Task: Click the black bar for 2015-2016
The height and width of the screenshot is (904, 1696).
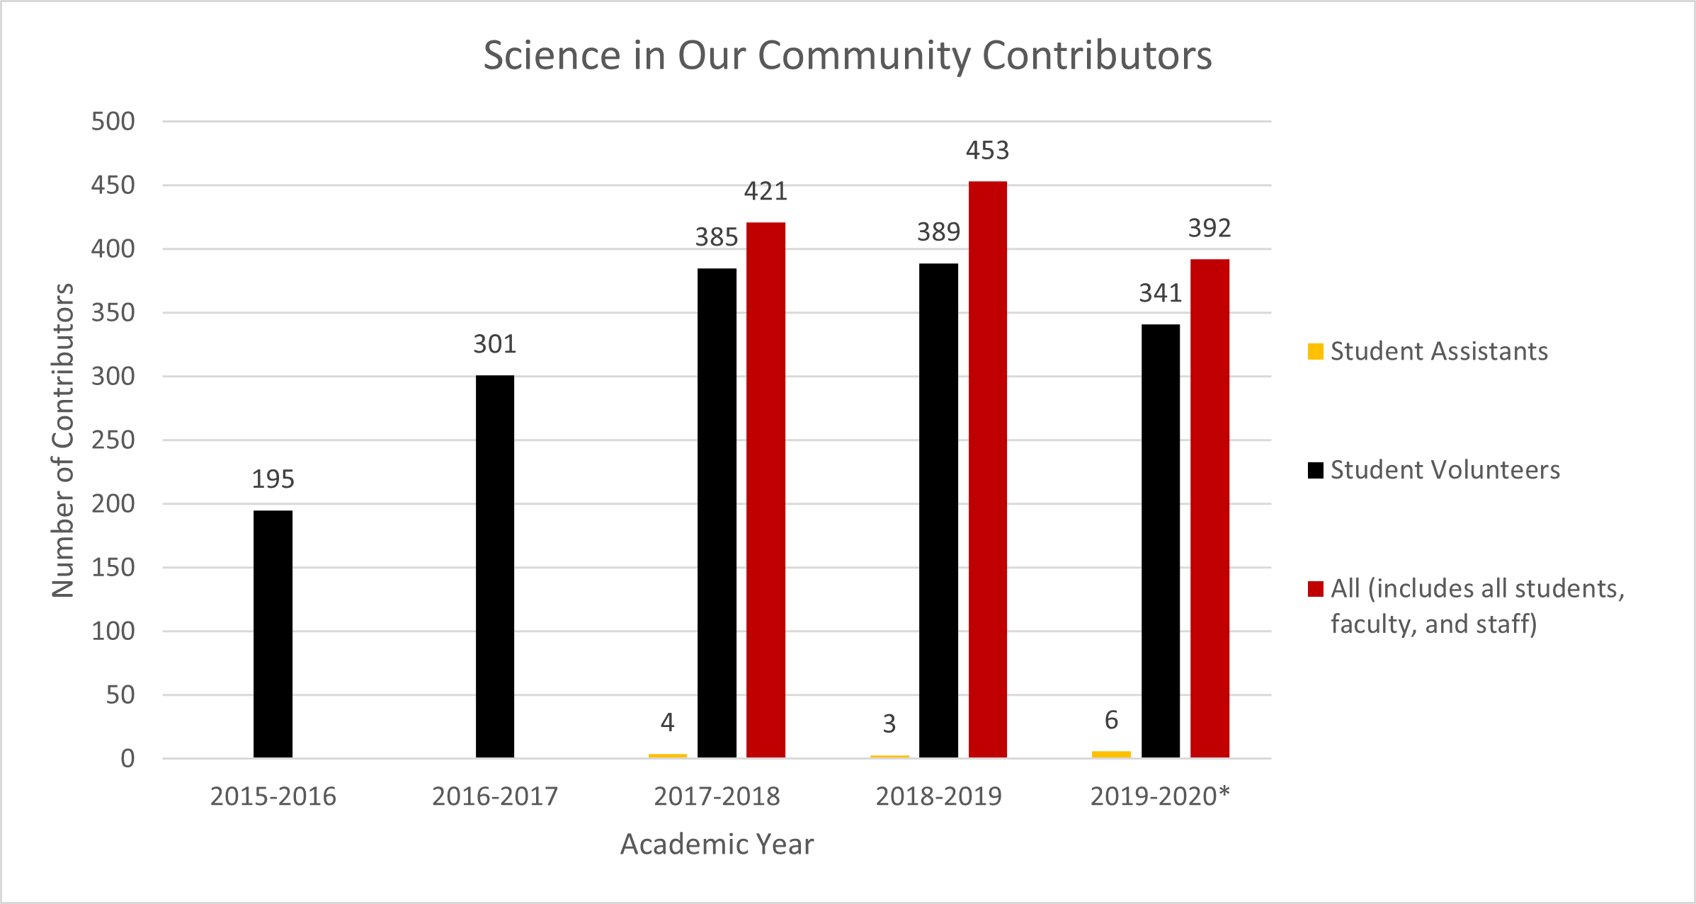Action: coord(273,634)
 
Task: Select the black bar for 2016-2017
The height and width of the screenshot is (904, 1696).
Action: coord(495,566)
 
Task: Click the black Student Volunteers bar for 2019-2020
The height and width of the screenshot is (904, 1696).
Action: coord(1160,541)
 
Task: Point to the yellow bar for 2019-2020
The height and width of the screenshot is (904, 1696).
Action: coord(1111,754)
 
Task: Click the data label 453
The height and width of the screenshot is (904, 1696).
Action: coord(987,150)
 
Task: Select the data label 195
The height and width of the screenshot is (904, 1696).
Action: coord(273,479)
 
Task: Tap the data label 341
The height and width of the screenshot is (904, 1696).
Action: coord(1160,293)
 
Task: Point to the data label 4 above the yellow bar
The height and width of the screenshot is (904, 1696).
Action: coord(667,722)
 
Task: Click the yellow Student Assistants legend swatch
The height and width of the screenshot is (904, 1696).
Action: coord(1315,351)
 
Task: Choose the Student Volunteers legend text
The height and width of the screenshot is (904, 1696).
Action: coord(1445,470)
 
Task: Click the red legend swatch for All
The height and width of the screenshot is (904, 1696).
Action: coord(1315,589)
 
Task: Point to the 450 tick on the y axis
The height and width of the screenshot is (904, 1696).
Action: coord(113,185)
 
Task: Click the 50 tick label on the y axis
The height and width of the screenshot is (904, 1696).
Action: coord(120,695)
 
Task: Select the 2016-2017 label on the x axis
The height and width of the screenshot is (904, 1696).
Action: coord(495,796)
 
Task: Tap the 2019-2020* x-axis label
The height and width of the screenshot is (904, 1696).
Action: coord(1160,796)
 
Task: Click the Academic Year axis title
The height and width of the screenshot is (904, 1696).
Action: coord(717,845)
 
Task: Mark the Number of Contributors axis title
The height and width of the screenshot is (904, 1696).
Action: coord(63,440)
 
